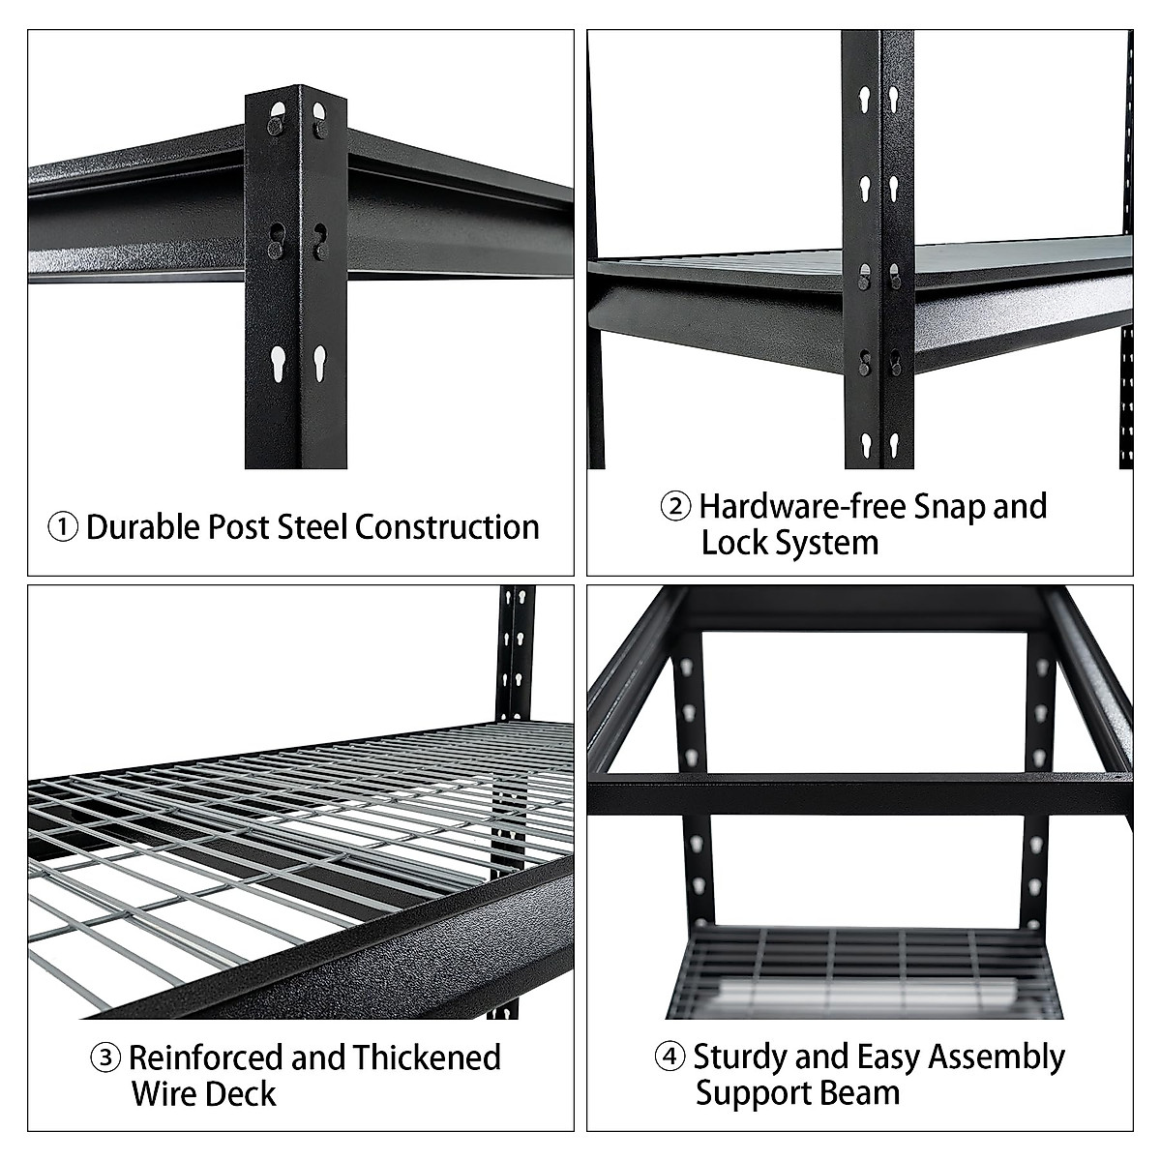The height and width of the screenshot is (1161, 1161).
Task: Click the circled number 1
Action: tap(63, 528)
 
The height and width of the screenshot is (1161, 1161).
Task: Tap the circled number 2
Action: tap(675, 507)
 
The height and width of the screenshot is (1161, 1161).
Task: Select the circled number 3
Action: tap(105, 1057)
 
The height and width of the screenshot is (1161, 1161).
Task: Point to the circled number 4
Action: tap(670, 1057)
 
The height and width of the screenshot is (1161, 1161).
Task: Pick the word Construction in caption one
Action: tap(447, 527)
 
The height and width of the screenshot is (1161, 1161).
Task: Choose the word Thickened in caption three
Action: tap(426, 1057)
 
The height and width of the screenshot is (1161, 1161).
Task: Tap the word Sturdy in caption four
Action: tap(740, 1057)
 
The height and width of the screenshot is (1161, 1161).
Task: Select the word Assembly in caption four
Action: tap(997, 1057)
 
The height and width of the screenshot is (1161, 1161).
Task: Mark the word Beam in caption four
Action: tap(863, 1094)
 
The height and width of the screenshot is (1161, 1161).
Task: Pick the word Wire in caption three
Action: tap(164, 1094)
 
